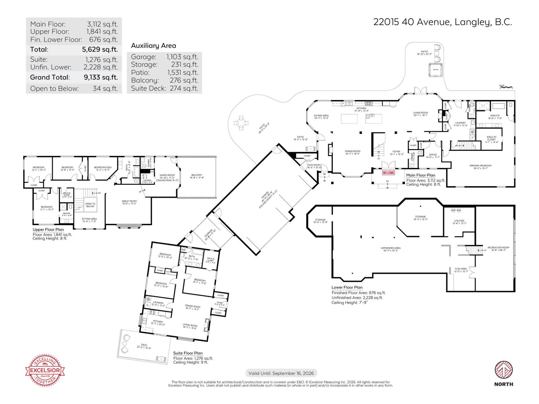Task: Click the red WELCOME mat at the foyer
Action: click(388, 173)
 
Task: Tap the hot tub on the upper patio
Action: click(435, 70)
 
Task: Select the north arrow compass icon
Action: click(504, 370)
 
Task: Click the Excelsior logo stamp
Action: click(45, 370)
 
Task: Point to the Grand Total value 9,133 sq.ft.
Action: click(101, 77)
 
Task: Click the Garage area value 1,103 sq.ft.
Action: click(182, 57)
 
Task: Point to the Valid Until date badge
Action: click(281, 373)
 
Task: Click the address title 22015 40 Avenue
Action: click(442, 22)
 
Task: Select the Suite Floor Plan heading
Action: click(188, 353)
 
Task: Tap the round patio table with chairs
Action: click(241, 123)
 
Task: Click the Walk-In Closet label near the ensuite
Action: click(491, 139)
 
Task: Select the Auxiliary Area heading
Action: click(153, 45)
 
